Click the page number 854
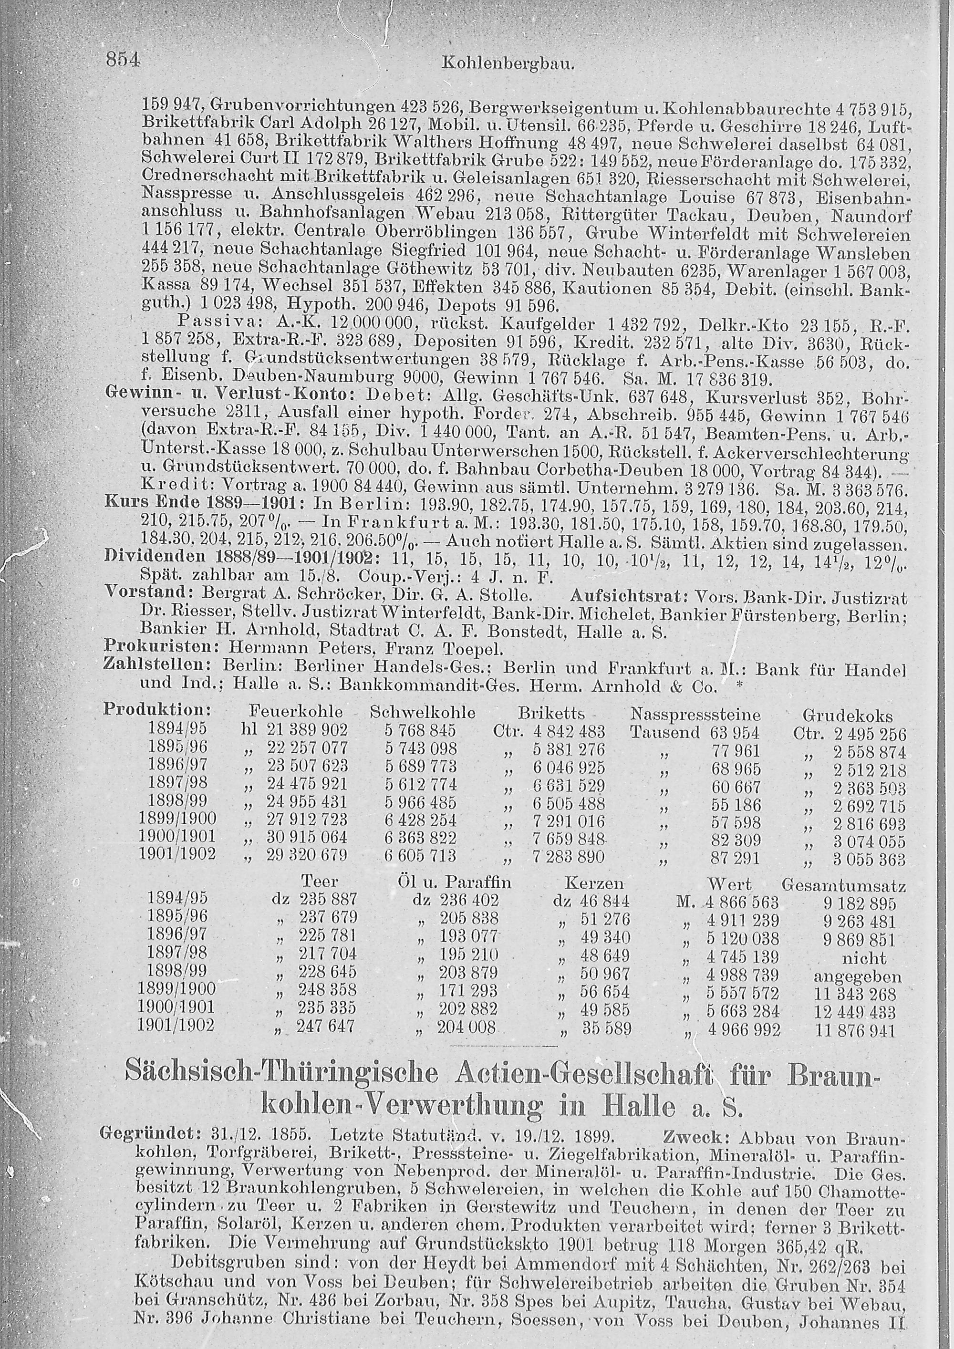click(x=122, y=60)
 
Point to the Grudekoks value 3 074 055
click(x=870, y=841)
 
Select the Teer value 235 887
click(x=328, y=900)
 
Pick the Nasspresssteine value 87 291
click(x=736, y=859)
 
